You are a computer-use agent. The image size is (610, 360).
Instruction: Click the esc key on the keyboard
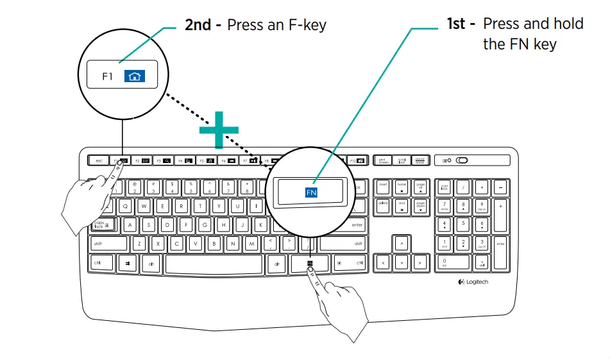pyautogui.click(x=99, y=160)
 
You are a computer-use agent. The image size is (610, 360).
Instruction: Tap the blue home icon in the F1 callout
pyautogui.click(x=134, y=76)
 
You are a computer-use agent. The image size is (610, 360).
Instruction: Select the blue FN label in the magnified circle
pyautogui.click(x=312, y=192)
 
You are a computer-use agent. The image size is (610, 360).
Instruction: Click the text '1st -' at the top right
pyautogui.click(x=461, y=24)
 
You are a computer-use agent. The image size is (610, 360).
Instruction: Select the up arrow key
pyautogui.click(x=402, y=244)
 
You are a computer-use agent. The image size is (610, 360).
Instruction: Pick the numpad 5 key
pyautogui.click(x=463, y=225)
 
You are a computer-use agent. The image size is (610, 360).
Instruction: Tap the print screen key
pyautogui.click(x=384, y=160)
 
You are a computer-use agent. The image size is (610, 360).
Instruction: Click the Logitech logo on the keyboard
pyautogui.click(x=473, y=282)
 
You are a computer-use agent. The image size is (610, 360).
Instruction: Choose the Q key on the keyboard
pyautogui.click(x=125, y=207)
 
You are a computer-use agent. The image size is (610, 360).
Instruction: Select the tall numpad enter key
pyautogui.click(x=500, y=244)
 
